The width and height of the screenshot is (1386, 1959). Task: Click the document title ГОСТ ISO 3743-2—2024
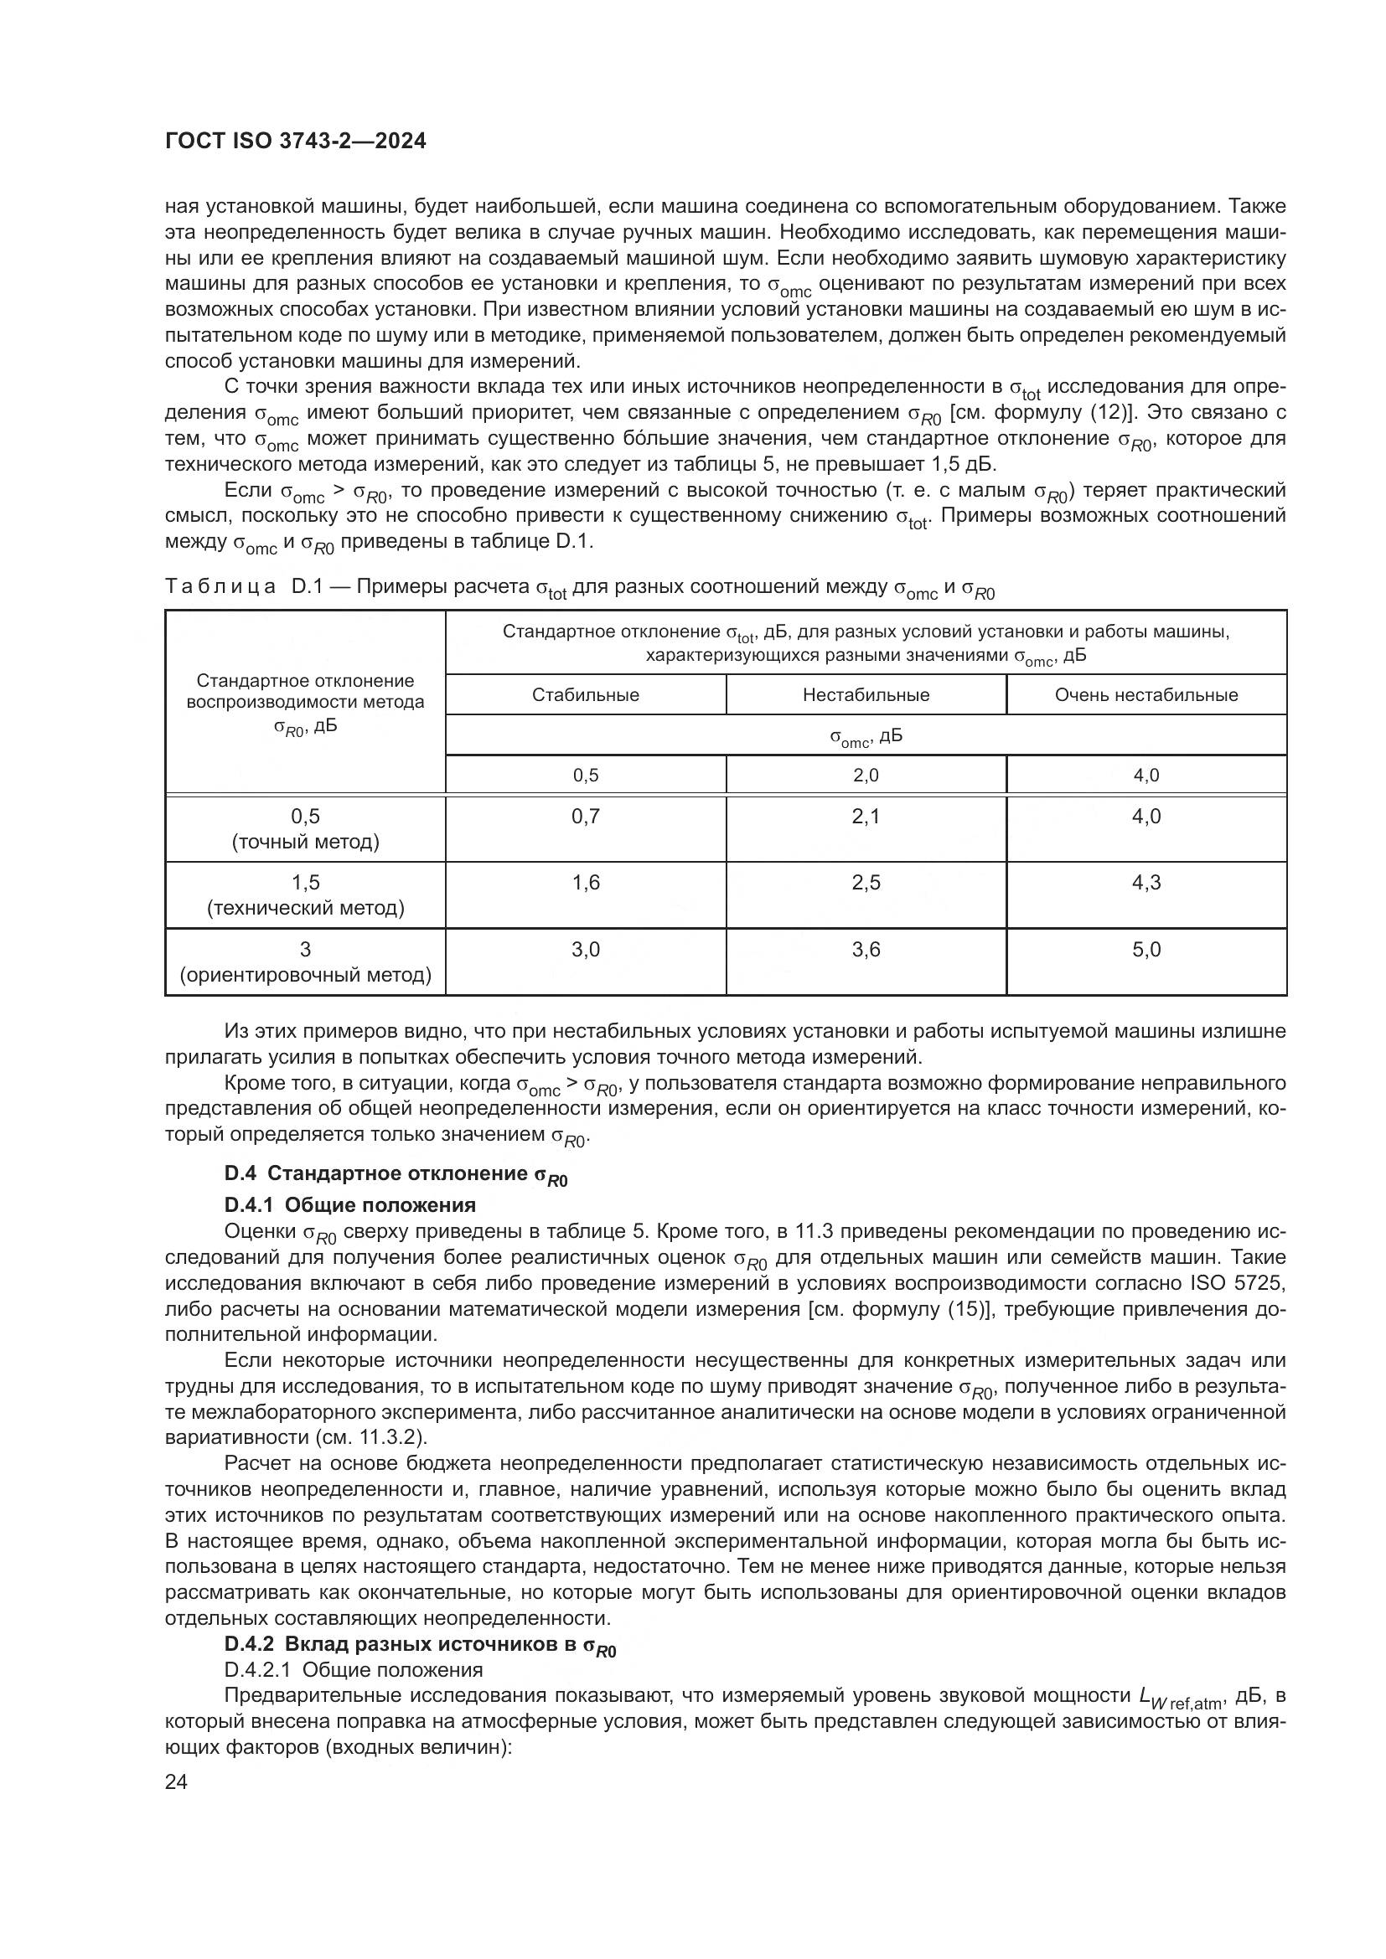[295, 142]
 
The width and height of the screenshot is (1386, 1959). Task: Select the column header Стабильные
[586, 694]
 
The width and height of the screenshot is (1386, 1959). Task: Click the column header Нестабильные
[866, 694]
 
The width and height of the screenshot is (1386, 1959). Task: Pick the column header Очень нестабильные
[1146, 694]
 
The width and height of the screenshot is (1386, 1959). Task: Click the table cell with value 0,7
[586, 817]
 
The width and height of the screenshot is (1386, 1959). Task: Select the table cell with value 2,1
[866, 817]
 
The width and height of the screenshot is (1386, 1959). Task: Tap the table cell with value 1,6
[586, 882]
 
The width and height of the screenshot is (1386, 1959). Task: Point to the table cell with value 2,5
[866, 882]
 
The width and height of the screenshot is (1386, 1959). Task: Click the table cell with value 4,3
[1146, 882]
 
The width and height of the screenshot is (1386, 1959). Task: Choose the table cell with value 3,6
[866, 949]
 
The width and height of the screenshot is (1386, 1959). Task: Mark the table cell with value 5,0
[1146, 949]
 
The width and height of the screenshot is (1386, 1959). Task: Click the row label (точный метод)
[306, 842]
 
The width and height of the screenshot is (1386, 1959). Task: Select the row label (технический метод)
[306, 908]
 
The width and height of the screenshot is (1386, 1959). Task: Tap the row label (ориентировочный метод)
[306, 974]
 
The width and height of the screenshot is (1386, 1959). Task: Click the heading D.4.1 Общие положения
[350, 1204]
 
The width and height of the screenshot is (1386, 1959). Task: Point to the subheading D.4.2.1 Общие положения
[354, 1670]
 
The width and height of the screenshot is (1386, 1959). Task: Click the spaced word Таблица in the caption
[220, 587]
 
